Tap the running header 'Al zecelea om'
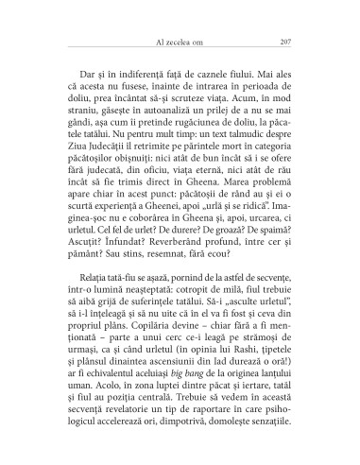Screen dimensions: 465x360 coord(179,42)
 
